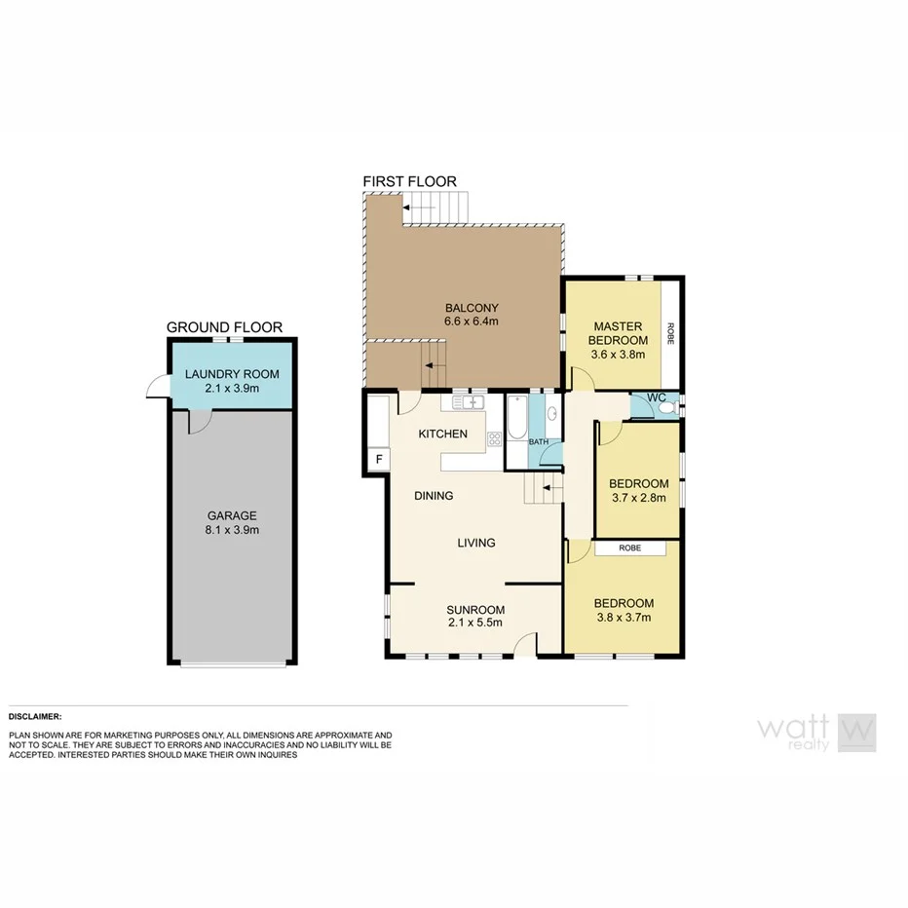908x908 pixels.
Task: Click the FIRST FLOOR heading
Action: pos(409,181)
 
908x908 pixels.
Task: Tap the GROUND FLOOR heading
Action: pos(224,327)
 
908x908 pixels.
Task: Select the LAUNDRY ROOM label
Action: pos(232,374)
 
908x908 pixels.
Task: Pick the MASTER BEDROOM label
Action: pos(619,333)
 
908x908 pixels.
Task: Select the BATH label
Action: pos(539,441)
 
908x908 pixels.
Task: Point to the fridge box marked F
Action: pos(378,458)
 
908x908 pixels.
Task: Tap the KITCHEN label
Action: pos(442,434)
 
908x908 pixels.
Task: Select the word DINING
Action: pos(434,496)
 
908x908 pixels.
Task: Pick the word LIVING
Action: pos(476,543)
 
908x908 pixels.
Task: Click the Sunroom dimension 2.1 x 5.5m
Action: pos(474,623)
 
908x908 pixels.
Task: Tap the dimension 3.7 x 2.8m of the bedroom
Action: pos(638,498)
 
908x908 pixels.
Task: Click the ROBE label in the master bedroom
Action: pos(670,333)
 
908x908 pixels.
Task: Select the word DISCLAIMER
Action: pos(35,716)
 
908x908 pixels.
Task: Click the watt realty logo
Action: pos(816,732)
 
